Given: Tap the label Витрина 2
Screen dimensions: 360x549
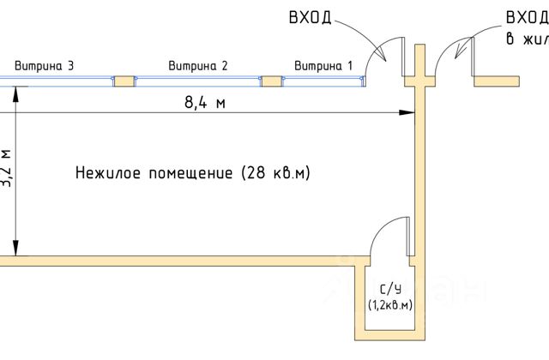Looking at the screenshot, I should [x=198, y=65].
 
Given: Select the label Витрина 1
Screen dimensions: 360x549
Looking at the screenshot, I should [x=323, y=65].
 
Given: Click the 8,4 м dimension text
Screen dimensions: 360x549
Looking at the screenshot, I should [x=204, y=102].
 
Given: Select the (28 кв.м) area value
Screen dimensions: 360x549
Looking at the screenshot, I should [x=275, y=173].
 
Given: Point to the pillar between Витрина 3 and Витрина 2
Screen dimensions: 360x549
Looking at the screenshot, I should [x=125, y=81].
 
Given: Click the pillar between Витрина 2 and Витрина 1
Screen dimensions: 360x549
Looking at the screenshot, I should [x=271, y=81].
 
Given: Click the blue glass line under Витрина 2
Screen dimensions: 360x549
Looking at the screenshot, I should [x=198, y=81].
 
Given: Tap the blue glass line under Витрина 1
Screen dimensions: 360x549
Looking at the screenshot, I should [x=324, y=81].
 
